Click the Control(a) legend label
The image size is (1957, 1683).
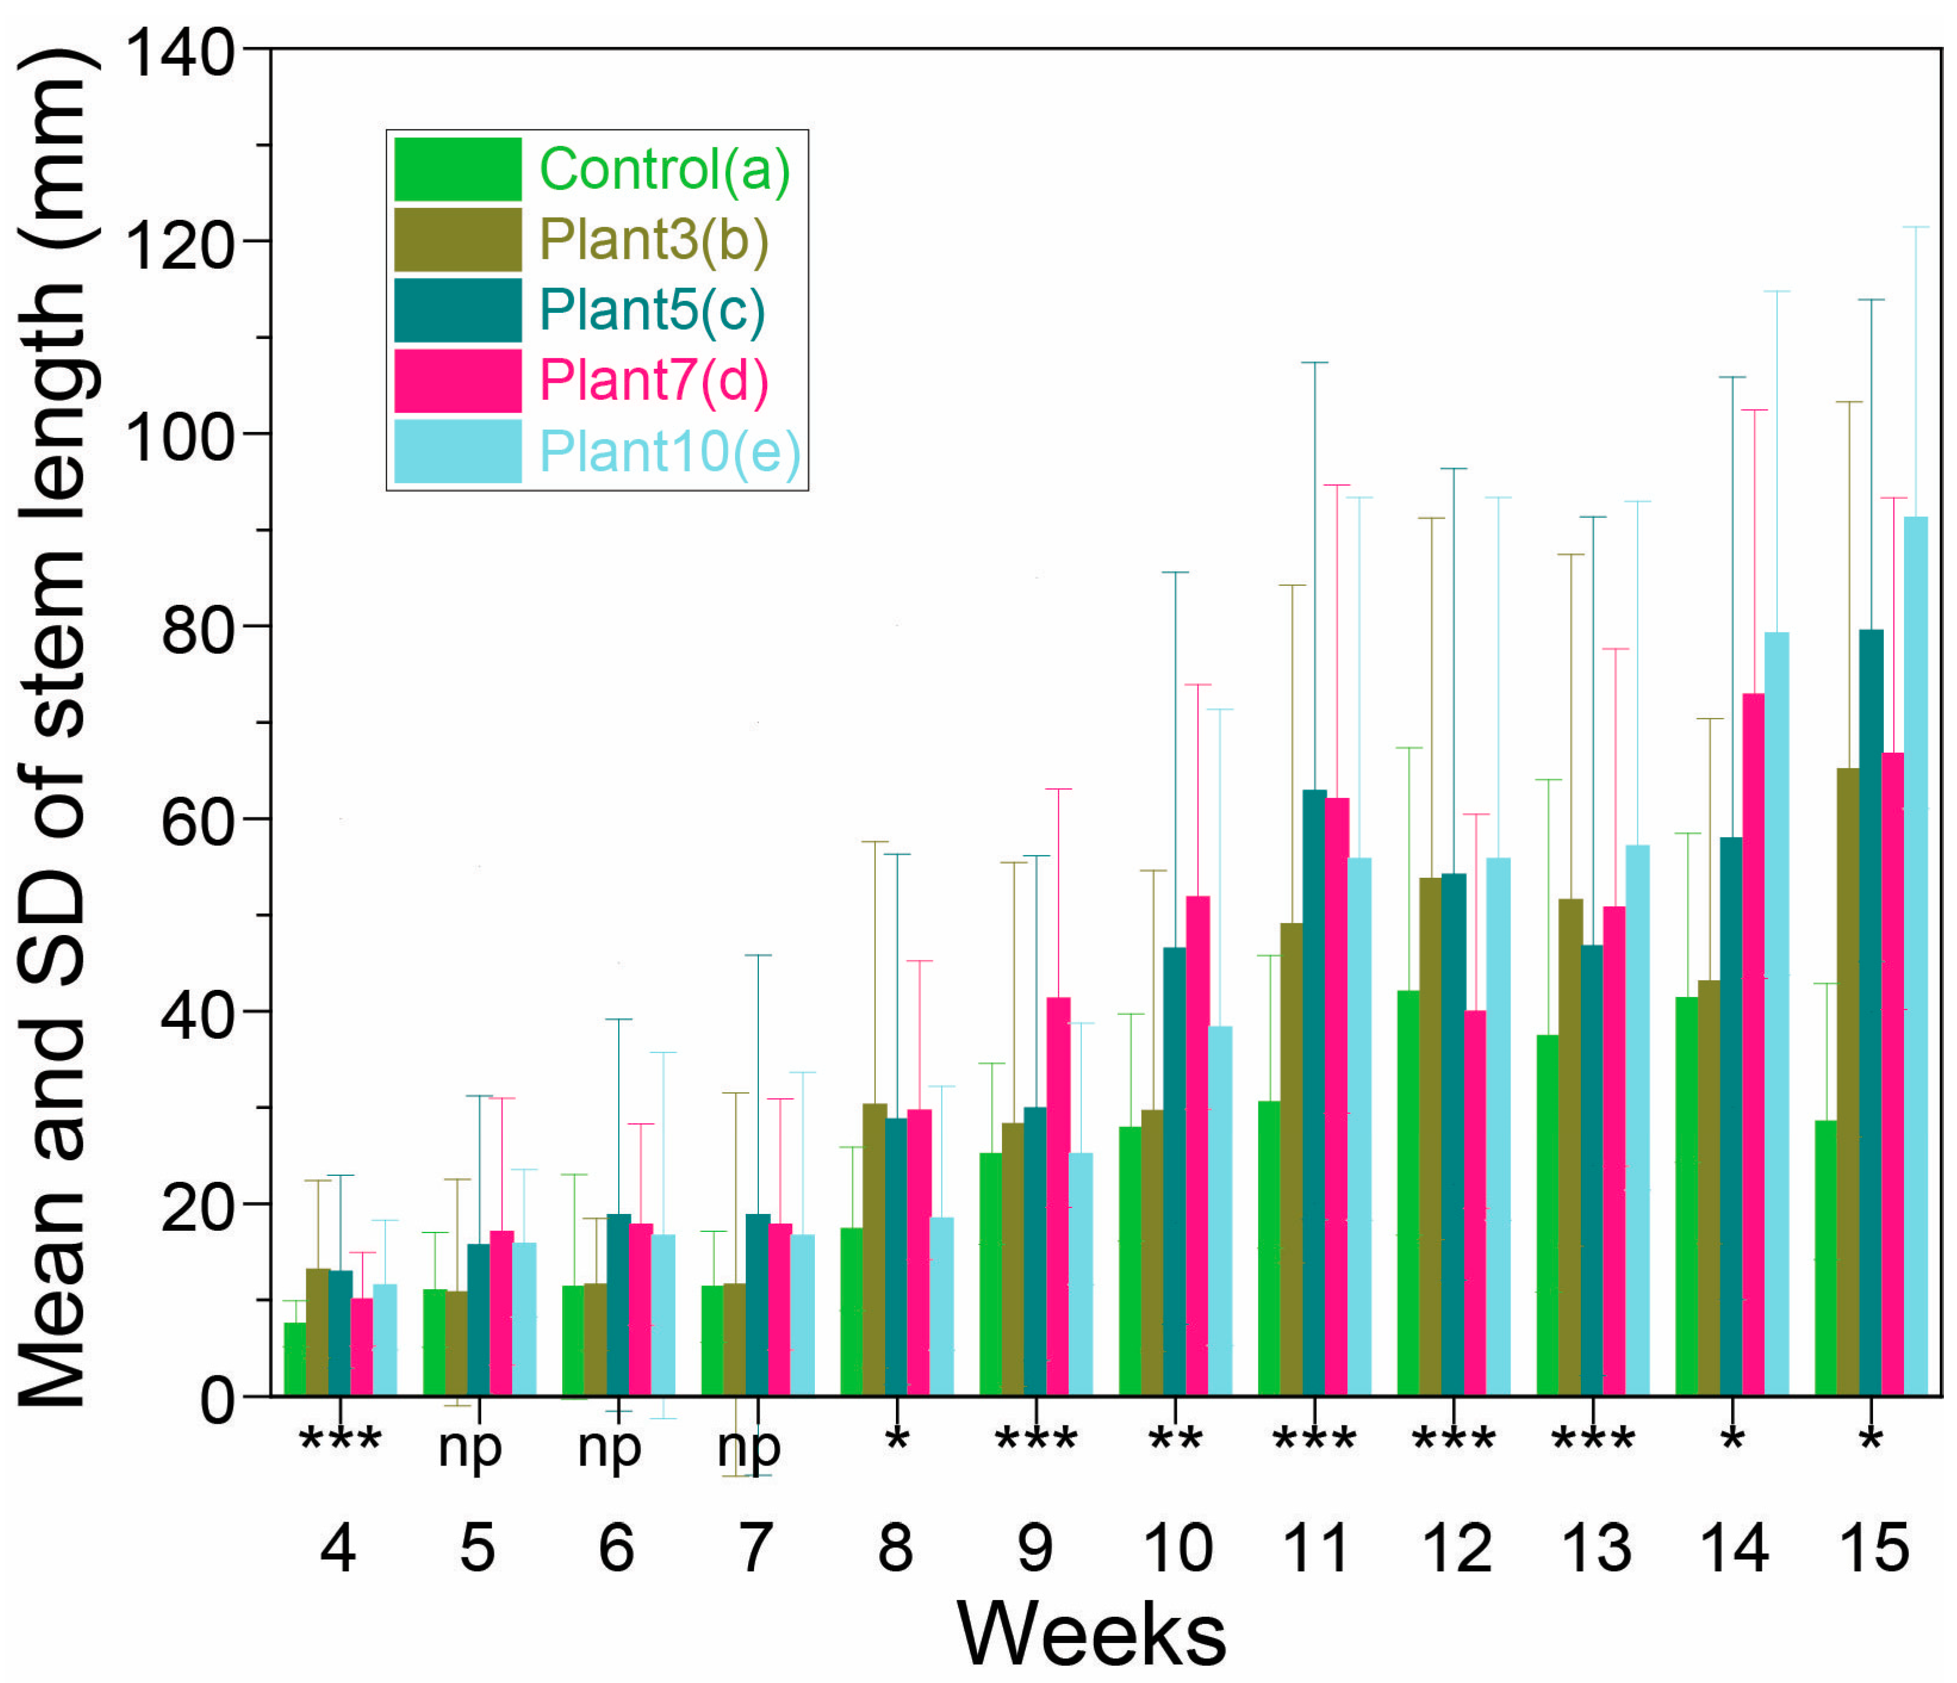coord(664,169)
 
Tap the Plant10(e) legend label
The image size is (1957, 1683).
coord(669,452)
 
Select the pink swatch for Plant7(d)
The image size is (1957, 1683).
coord(457,381)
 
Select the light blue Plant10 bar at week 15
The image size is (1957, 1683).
coord(1915,954)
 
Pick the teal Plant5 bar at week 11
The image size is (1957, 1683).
coord(1314,1091)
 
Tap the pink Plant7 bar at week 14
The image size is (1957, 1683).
coord(1753,1044)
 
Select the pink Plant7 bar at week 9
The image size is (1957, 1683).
coord(1059,1196)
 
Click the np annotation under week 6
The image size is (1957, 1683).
coord(609,1447)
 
